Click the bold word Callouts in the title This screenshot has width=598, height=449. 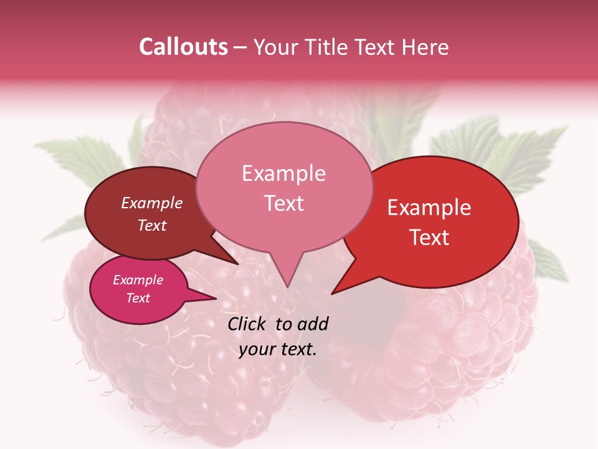coord(183,47)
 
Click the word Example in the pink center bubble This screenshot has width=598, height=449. coord(283,173)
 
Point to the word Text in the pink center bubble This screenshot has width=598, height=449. coord(283,203)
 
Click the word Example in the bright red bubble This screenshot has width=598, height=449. coord(429,208)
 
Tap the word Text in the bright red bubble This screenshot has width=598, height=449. coord(429,238)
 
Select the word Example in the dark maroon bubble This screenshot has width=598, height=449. coord(151,203)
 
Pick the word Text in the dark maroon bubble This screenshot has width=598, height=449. coord(151,226)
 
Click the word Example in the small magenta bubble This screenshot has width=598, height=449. coord(138,280)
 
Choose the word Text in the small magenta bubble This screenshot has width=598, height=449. coord(138,298)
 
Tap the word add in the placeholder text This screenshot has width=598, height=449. coord(313,324)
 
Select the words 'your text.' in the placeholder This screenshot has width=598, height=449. coord(278,349)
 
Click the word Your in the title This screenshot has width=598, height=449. coord(274,47)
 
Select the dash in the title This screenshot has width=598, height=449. coord(241,47)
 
